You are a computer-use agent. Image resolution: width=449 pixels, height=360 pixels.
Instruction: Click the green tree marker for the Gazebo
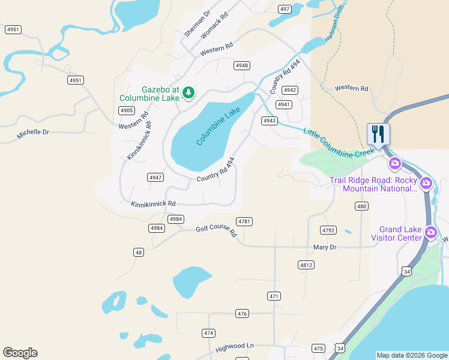[188, 92]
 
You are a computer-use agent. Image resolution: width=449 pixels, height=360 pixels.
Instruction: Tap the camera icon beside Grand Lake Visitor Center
[430, 232]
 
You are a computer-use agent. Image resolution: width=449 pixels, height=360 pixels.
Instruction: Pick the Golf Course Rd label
[217, 231]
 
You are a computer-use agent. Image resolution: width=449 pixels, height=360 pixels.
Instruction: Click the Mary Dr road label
[325, 247]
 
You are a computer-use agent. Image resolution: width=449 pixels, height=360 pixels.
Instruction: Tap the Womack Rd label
[215, 26]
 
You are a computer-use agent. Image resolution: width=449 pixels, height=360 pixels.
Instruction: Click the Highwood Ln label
[235, 346]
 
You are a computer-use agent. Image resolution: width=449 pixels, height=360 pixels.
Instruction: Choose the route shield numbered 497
[285, 9]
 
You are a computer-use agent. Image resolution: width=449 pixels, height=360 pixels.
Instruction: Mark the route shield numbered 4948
[242, 65]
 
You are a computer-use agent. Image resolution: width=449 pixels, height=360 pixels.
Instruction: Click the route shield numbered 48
[139, 253]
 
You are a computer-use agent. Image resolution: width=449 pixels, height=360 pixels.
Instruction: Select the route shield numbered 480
[361, 206]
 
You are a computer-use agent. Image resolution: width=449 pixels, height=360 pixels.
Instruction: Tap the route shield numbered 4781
[244, 221]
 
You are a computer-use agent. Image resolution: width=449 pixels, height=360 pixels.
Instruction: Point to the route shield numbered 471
[274, 296]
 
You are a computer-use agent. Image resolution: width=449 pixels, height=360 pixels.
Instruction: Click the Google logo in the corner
[20, 353]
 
